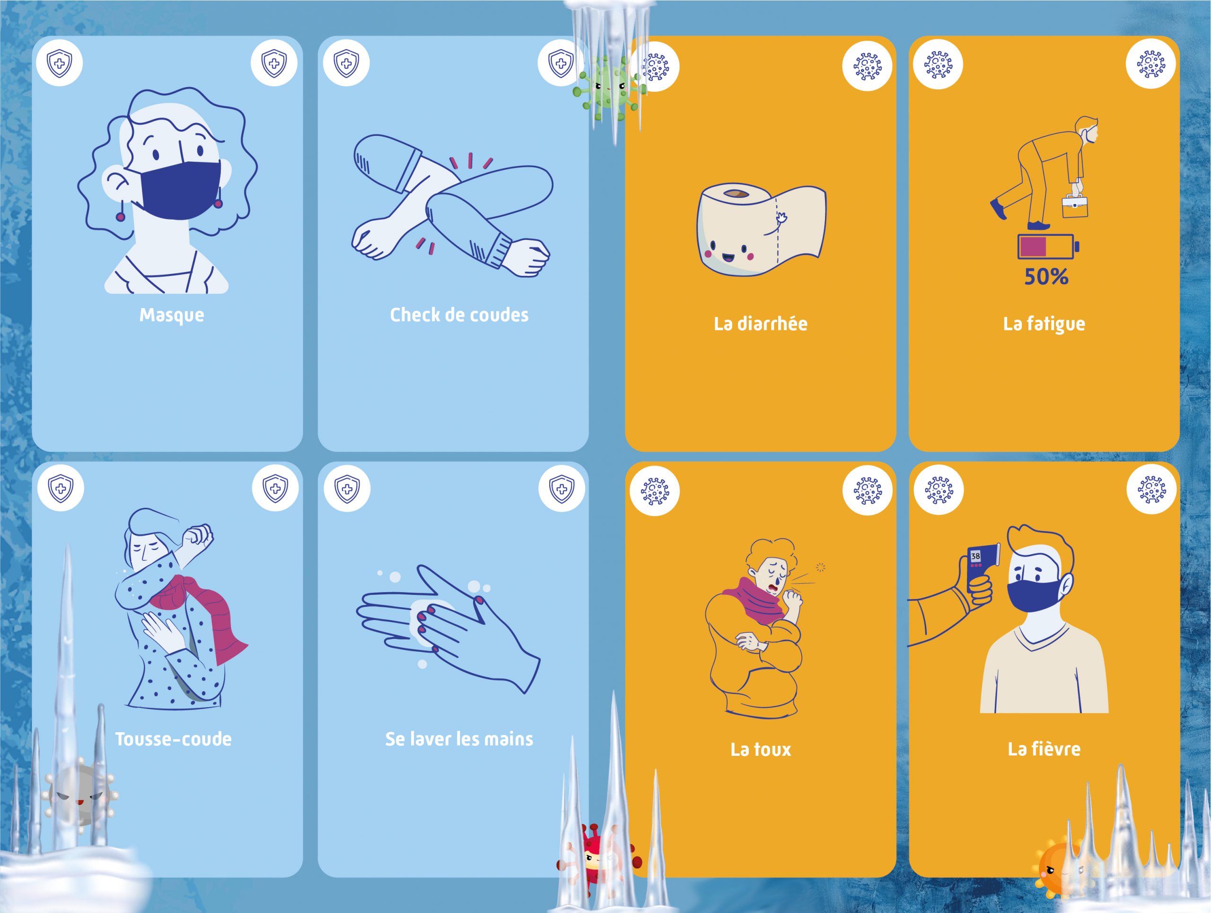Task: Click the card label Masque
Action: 171,315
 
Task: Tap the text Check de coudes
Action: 459,314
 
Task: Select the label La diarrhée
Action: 761,324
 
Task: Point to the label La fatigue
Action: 1044,324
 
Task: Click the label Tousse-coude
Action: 173,739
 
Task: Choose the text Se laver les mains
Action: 459,739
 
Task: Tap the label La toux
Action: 761,749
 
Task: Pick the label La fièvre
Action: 1044,749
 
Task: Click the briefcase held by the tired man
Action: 1075,205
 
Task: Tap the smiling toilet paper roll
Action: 762,229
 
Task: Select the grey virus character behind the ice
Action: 80,794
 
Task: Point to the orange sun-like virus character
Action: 1059,871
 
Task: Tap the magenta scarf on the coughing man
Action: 755,603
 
